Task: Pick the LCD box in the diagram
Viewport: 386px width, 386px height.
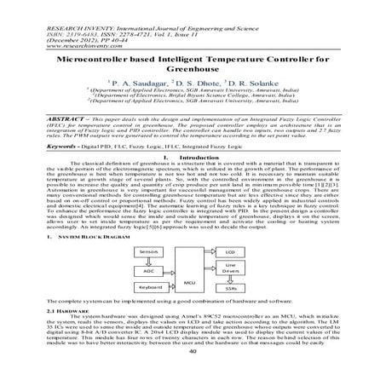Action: click(230, 252)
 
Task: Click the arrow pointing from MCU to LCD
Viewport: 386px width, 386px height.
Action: click(209, 252)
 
